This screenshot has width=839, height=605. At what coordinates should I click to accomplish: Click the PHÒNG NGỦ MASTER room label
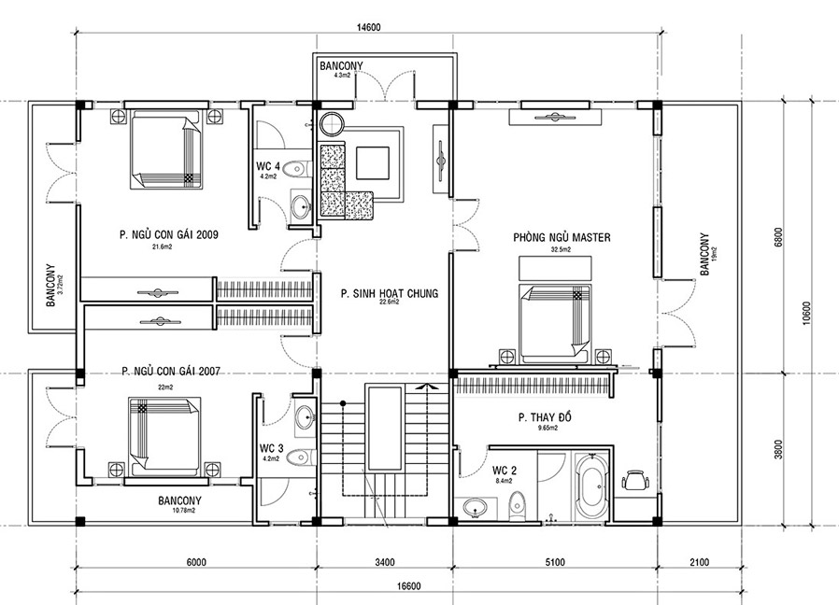tap(561, 238)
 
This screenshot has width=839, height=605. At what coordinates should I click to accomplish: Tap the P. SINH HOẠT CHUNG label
tap(390, 292)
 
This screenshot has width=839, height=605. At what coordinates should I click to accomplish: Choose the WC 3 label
tap(272, 448)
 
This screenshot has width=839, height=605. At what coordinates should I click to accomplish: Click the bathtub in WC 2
tap(590, 486)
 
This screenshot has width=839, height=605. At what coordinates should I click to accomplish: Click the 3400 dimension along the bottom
tap(385, 562)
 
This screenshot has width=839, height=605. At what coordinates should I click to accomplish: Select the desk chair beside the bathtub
tap(635, 480)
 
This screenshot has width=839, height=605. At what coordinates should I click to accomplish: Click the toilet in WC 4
tap(295, 170)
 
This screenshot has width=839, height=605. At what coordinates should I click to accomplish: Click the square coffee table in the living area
tap(377, 162)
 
